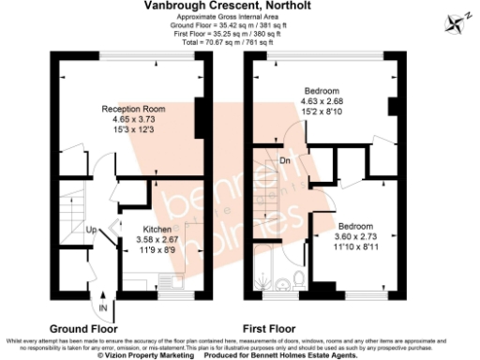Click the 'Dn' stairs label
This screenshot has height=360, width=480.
coord(287,160)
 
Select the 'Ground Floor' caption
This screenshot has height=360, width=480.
coord(83,329)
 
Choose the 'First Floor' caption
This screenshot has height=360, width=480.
coord(269,329)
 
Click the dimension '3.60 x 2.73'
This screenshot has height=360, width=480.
coord(355,237)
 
